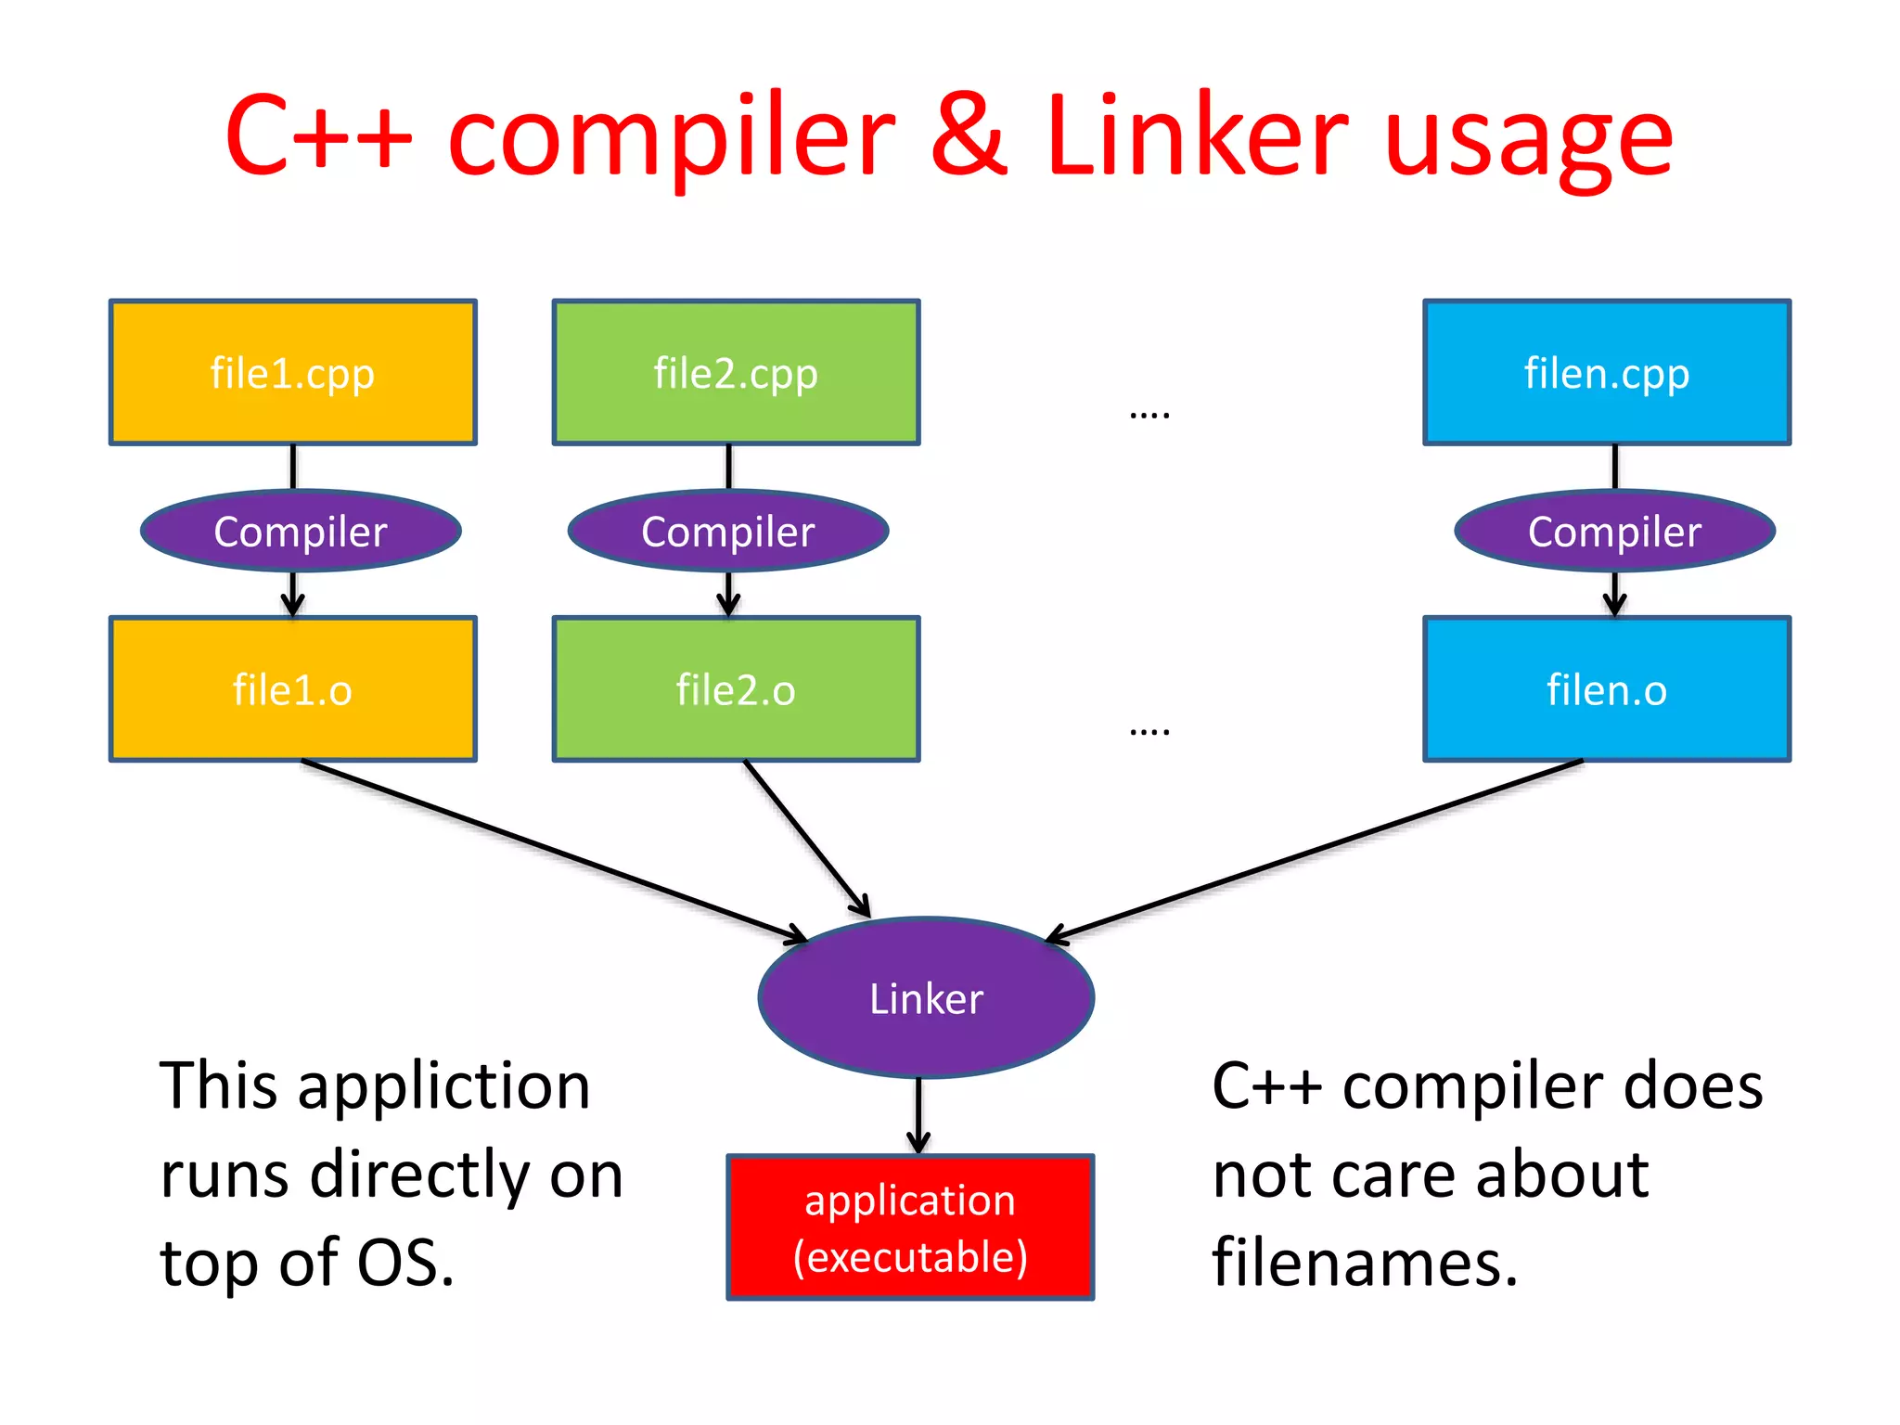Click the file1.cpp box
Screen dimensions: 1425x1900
(292, 372)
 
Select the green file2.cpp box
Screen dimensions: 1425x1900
(736, 372)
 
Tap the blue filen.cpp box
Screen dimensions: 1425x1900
(1607, 372)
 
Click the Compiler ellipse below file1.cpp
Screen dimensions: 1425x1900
(301, 531)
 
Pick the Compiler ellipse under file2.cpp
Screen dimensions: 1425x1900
(728, 531)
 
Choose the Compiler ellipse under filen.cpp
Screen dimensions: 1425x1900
(1614, 531)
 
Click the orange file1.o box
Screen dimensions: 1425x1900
(292, 689)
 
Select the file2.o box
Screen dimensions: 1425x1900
(736, 689)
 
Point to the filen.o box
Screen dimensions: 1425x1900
(1607, 689)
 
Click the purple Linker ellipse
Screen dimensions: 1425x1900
(926, 998)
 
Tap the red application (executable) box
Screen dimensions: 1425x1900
(910, 1227)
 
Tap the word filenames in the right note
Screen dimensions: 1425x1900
(1365, 1264)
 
